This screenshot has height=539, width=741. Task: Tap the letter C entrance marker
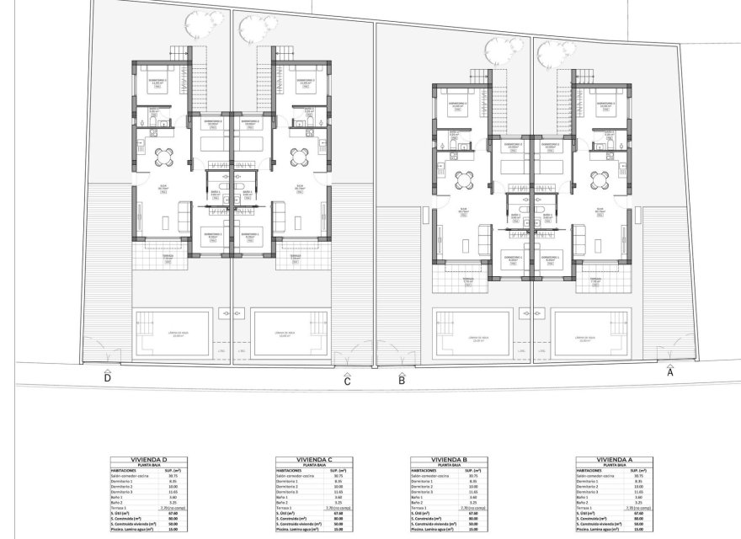(347, 381)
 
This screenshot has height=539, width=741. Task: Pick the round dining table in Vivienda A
(599, 179)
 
